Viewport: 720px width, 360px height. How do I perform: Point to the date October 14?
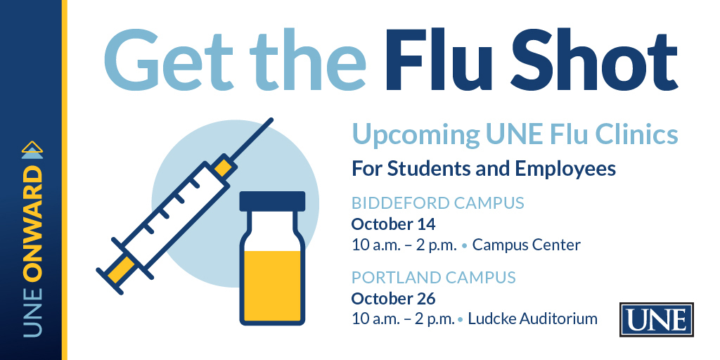(x=393, y=225)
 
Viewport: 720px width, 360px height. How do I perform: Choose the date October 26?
(x=393, y=298)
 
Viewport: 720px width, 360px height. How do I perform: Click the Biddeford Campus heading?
(x=437, y=204)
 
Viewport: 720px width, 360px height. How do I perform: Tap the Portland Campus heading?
(x=433, y=277)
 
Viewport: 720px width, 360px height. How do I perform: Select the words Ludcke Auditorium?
(x=532, y=319)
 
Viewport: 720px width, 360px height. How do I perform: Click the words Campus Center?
(x=527, y=245)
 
